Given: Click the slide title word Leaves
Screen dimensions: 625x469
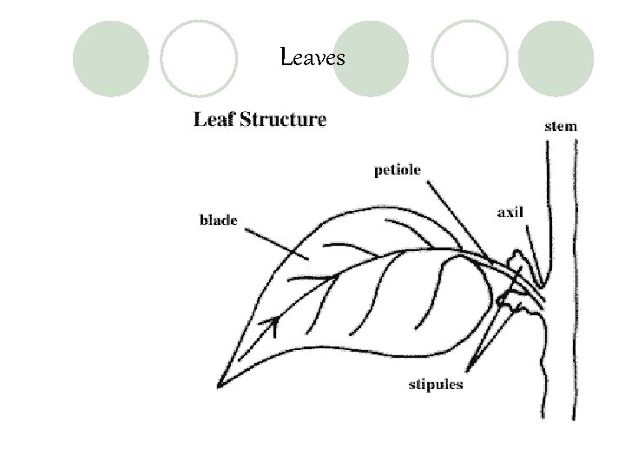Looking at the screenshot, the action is tap(313, 58).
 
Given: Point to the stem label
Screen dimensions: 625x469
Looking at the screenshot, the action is tap(560, 126).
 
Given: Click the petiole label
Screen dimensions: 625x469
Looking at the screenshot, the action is tap(397, 170).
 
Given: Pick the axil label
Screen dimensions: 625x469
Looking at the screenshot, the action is tap(510, 212).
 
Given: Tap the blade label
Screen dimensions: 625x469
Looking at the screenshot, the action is tap(218, 221).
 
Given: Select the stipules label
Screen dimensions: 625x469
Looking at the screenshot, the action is tap(436, 384).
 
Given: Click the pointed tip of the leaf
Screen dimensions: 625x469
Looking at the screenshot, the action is tap(219, 383).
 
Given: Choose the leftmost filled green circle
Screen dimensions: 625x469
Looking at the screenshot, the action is tap(110, 58).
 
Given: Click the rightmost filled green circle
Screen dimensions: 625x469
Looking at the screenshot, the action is tap(556, 58).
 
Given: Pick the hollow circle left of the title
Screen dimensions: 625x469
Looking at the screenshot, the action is tap(199, 58).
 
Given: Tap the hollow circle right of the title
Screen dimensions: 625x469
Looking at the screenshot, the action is tap(470, 58).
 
